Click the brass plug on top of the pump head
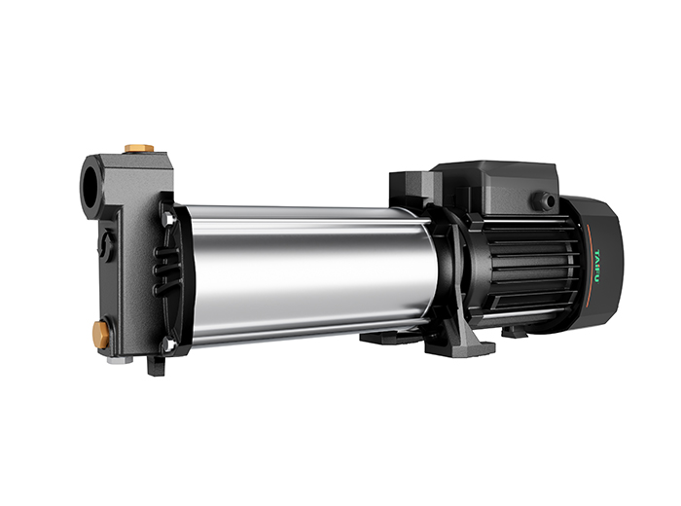click(x=138, y=149)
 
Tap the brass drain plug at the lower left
click(x=101, y=334)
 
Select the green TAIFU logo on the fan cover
click(x=592, y=256)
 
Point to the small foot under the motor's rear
click(x=515, y=332)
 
